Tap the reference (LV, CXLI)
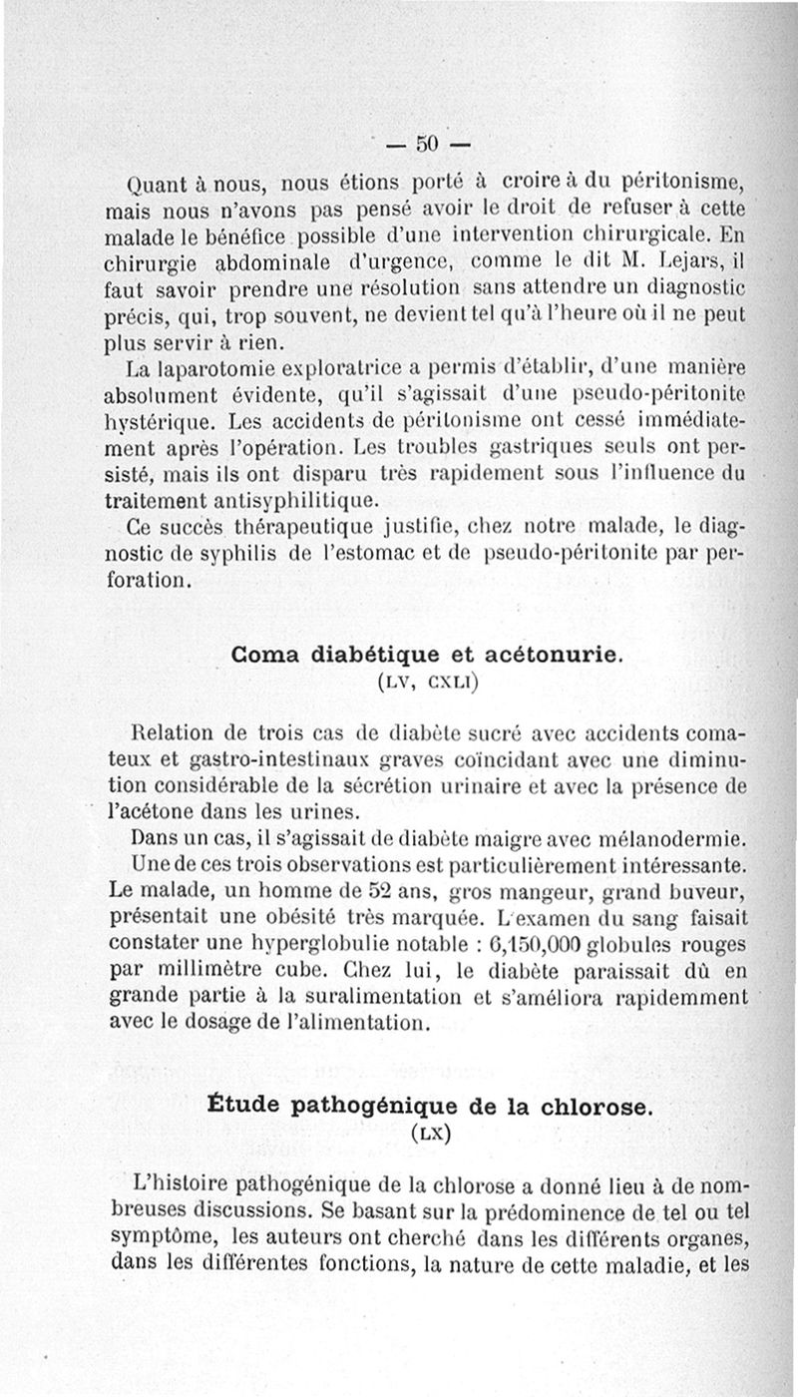coord(428,684)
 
